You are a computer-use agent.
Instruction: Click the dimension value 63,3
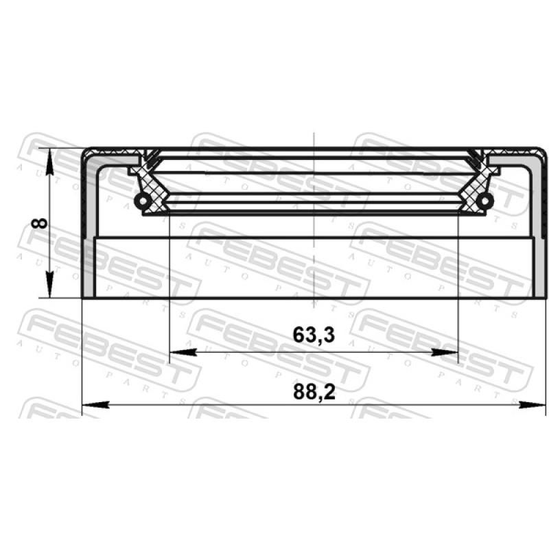[314, 335]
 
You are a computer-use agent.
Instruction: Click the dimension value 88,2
[314, 392]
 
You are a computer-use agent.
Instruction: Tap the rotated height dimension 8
[39, 223]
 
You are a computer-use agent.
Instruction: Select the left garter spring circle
[143, 201]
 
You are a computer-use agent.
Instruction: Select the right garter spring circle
[485, 201]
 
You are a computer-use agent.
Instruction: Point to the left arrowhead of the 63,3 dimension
[183, 352]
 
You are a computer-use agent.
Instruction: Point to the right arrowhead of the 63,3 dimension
[445, 352]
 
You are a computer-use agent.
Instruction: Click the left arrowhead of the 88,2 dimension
[95, 405]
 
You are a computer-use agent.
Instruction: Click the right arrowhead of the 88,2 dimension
[533, 405]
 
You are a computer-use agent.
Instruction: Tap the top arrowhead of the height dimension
[50, 161]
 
